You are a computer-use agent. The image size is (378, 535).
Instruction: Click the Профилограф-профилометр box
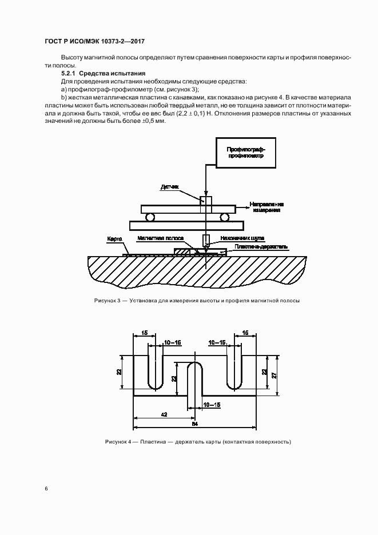pyautogui.click(x=245, y=151)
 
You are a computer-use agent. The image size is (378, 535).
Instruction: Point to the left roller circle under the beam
pyautogui.click(x=150, y=217)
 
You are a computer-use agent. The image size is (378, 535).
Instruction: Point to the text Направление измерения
pyautogui.click(x=266, y=207)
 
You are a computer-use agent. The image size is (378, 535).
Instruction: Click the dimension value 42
pyautogui.click(x=164, y=415)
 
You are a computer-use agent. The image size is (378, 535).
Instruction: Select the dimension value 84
pyautogui.click(x=194, y=425)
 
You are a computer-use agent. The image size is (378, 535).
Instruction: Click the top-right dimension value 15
pyautogui.click(x=245, y=332)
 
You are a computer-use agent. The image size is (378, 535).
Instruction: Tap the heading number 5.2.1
pyautogui.click(x=69, y=74)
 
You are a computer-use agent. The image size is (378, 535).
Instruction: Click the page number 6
pyautogui.click(x=46, y=489)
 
